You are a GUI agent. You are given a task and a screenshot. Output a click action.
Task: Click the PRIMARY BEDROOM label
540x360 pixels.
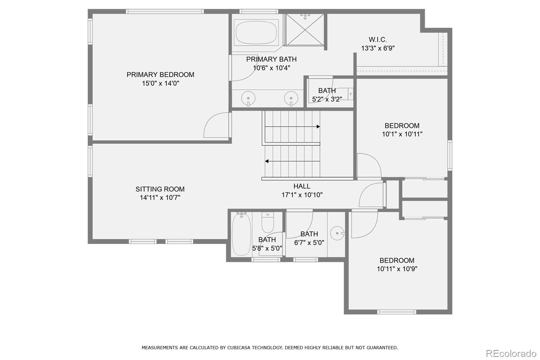160,75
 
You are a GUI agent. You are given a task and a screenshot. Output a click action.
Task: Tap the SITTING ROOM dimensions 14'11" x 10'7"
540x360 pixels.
160,198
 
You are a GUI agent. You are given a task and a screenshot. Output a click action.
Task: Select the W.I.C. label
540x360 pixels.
378,40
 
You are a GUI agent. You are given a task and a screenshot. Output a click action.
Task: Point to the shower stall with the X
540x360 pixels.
305,30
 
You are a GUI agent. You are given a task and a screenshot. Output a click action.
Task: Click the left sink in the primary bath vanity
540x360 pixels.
248,98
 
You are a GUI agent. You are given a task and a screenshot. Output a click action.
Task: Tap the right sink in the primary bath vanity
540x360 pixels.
291,98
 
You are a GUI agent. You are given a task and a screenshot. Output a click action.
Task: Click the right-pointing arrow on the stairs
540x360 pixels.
318,127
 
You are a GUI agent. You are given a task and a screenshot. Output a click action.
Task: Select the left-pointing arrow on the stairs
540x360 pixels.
267,161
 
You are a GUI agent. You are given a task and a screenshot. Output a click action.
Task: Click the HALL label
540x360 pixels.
302,186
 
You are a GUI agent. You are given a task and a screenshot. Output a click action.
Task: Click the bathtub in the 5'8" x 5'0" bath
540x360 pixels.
241,234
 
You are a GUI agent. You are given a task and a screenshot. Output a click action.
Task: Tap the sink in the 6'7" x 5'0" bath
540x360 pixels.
337,233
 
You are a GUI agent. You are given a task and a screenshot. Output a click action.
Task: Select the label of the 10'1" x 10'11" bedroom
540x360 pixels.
402,126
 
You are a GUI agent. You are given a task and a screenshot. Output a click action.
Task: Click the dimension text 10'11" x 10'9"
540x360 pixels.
397,269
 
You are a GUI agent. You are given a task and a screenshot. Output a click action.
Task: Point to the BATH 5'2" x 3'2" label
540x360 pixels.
327,91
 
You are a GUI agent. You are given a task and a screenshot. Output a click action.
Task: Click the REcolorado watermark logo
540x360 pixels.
511,354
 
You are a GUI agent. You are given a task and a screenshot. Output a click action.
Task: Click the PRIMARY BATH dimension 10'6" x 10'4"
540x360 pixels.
271,68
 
